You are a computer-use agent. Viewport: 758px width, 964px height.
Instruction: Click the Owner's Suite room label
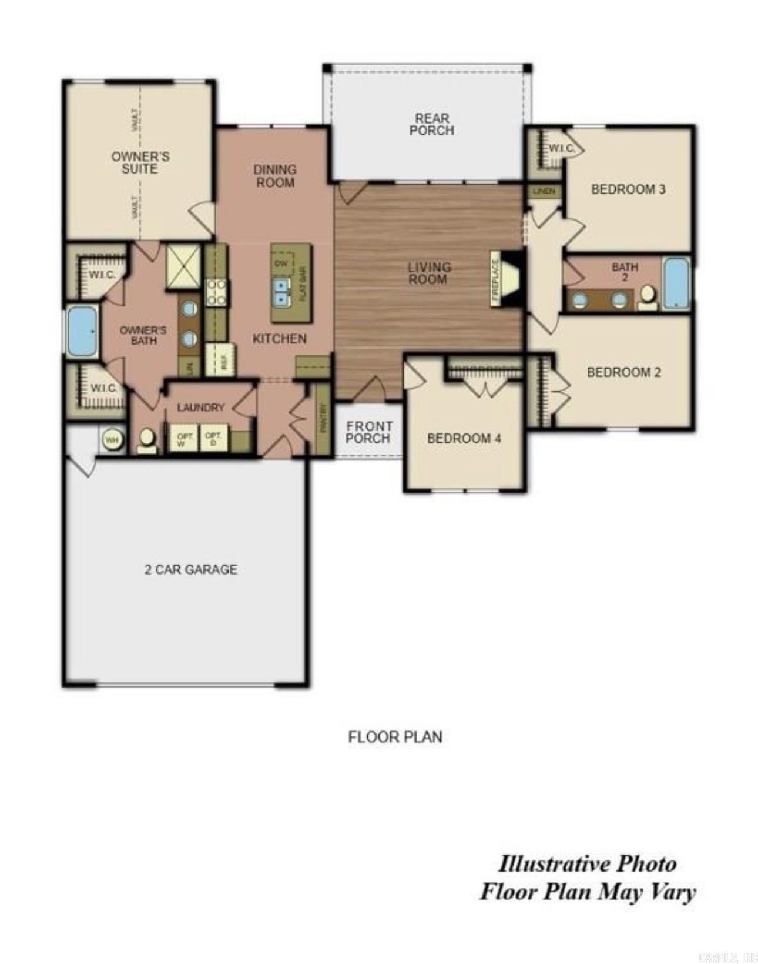(x=140, y=162)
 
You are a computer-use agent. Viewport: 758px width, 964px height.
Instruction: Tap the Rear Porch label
(x=431, y=125)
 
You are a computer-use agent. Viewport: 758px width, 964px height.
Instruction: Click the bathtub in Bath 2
(x=676, y=282)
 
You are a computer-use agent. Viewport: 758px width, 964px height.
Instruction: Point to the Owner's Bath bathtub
(x=82, y=332)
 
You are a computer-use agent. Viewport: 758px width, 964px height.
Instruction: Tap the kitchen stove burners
(x=216, y=292)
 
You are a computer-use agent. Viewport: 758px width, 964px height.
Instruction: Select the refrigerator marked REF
(x=221, y=359)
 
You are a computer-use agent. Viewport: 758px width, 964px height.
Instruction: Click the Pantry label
(x=323, y=418)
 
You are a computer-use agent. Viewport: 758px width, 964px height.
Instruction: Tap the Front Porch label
(x=368, y=432)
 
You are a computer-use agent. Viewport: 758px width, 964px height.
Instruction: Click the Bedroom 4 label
(x=464, y=438)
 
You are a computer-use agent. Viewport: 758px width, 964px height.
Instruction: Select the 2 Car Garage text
(x=191, y=569)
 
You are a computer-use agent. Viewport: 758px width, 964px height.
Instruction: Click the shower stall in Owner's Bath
(x=183, y=266)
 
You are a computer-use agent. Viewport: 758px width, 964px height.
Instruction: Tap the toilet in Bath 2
(x=648, y=297)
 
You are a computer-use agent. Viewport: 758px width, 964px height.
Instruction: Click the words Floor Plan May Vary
(x=588, y=892)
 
